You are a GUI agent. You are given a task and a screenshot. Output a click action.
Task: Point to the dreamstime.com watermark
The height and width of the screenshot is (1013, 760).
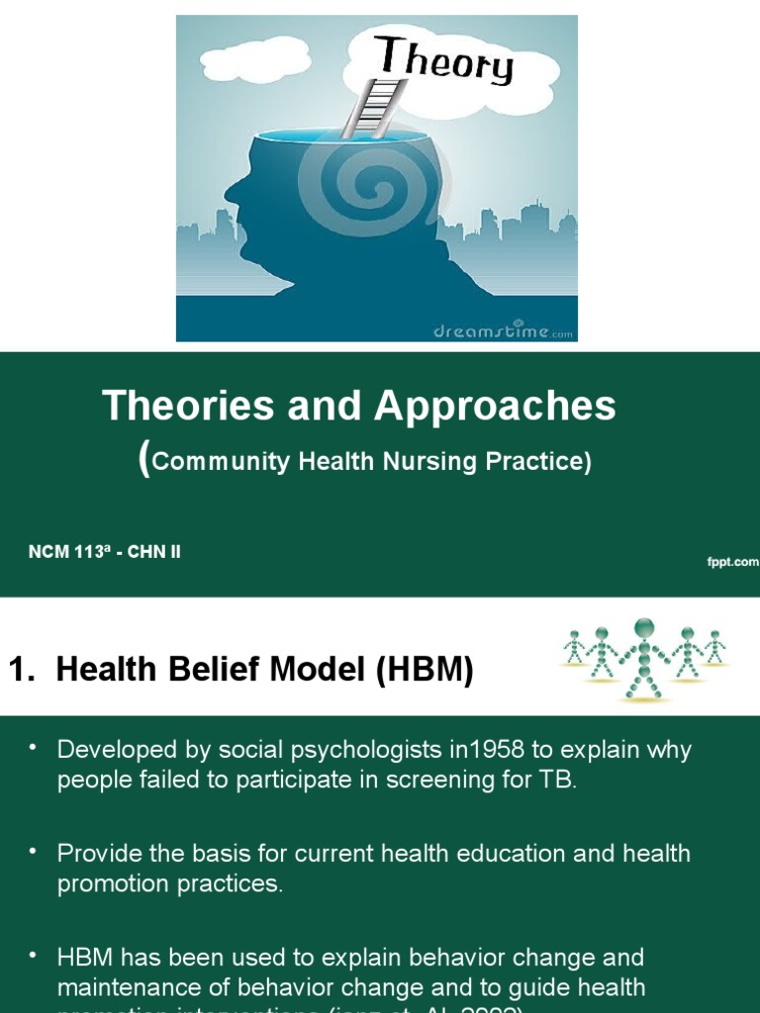click(503, 332)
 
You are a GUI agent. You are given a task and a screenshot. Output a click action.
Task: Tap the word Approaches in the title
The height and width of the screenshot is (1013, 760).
click(495, 406)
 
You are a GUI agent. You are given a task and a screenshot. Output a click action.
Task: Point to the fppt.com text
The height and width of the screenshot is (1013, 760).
click(731, 562)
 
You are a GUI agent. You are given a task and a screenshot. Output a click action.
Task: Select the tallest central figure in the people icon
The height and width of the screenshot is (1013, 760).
click(645, 655)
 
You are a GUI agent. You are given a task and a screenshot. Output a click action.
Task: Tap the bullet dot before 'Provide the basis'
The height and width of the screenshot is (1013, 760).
click(33, 849)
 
